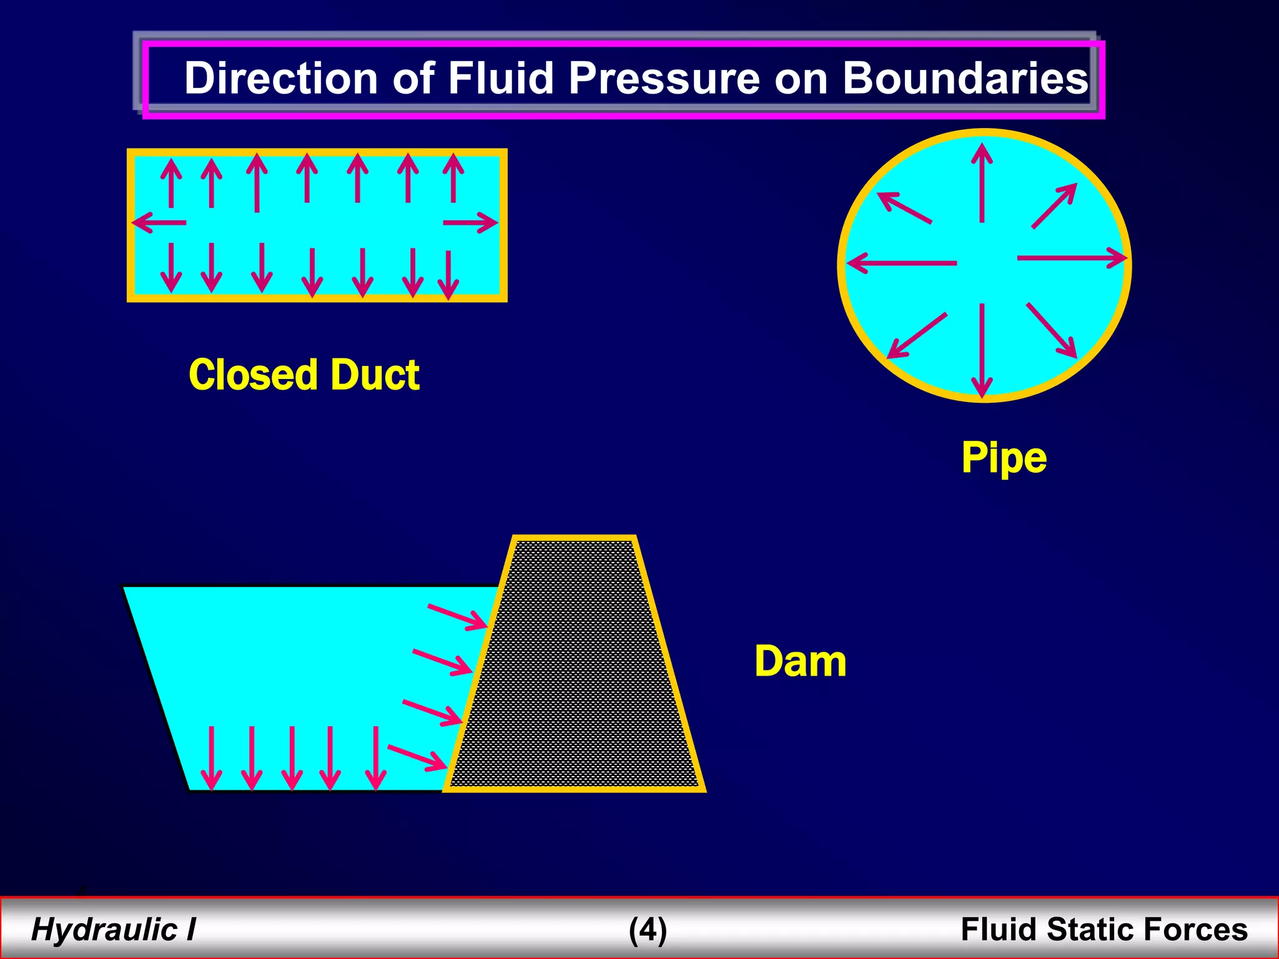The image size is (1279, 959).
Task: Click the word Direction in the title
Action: (281, 79)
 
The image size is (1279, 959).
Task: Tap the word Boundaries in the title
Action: (965, 79)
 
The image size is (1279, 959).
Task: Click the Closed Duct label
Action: (304, 375)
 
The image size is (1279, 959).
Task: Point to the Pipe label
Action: (1004, 458)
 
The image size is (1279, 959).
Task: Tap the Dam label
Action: (800, 661)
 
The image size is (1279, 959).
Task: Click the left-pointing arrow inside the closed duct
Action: (159, 222)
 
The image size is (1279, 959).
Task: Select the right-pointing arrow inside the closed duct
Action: (470, 222)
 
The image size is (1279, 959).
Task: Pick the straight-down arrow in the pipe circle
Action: (982, 350)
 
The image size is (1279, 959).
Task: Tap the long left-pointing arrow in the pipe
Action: (901, 263)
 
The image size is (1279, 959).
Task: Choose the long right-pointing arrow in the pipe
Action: (1071, 257)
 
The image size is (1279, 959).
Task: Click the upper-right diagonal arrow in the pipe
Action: (1054, 206)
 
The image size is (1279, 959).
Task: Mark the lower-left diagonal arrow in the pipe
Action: (917, 335)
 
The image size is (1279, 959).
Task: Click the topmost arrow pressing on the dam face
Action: (457, 616)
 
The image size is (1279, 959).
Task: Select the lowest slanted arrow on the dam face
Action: (417, 757)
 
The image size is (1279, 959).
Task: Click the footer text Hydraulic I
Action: (113, 929)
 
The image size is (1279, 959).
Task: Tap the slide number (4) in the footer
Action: (648, 929)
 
